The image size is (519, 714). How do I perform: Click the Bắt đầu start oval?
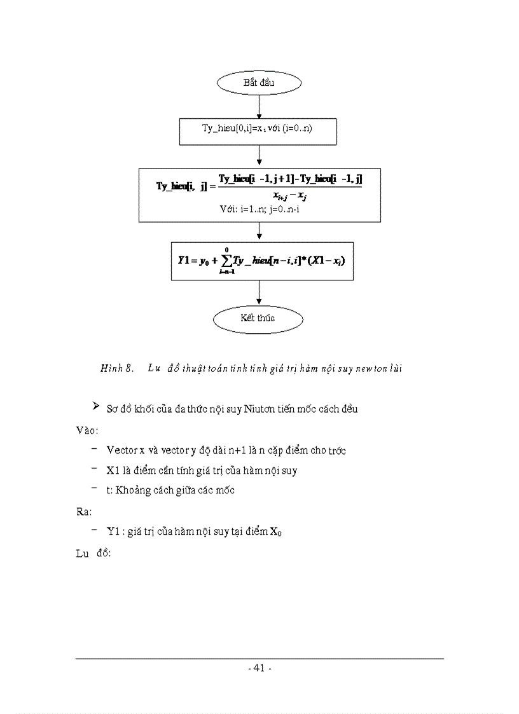coord(258,83)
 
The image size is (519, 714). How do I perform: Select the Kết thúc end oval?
coord(258,318)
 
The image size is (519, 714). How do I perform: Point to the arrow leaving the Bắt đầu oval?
coord(258,107)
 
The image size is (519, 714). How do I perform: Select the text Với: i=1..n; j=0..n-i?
coord(258,208)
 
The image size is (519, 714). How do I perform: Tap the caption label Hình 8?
coord(116,368)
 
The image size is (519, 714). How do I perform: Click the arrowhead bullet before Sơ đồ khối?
coord(96,406)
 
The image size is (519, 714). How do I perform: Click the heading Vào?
coord(86,430)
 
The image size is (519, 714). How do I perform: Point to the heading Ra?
coord(84,511)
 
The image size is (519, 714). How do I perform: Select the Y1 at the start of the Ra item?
coord(113,531)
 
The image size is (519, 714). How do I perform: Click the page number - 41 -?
coord(259,668)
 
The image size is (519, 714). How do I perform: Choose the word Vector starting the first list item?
coord(121,451)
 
